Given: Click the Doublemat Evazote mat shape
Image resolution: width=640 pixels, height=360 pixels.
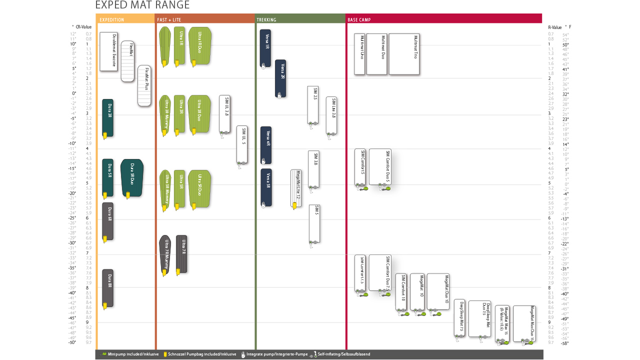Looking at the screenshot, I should (x=108, y=51).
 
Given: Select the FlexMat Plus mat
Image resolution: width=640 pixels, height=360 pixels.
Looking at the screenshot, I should (x=144, y=86).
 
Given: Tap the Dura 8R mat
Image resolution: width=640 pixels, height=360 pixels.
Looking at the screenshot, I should (x=107, y=288).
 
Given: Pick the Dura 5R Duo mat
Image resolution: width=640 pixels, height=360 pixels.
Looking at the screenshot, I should (x=132, y=177).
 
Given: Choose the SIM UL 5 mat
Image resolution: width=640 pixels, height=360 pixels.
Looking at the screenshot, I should (x=242, y=144).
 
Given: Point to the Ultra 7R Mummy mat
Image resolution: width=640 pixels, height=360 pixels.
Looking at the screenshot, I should (x=164, y=255).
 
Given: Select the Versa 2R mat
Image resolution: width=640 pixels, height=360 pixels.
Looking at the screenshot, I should (x=280, y=78).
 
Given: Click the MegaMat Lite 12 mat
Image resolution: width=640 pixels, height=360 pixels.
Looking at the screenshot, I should (x=296, y=188).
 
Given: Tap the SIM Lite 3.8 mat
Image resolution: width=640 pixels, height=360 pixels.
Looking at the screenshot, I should (x=331, y=115).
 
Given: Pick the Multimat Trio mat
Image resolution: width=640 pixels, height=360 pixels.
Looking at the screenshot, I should (x=404, y=54).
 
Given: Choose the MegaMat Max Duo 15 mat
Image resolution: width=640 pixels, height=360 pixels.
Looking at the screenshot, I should (x=523, y=323).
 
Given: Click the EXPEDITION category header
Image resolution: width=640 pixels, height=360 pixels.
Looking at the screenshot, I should (x=112, y=20).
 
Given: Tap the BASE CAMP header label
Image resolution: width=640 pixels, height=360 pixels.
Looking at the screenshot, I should (x=359, y=20).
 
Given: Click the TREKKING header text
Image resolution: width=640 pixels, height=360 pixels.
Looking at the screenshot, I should (x=266, y=20).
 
